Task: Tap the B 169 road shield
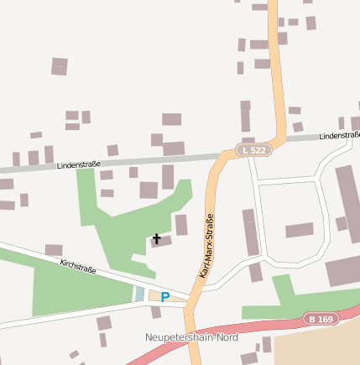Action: click(319, 319)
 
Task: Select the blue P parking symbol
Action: click(164, 296)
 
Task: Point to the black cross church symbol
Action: click(156, 239)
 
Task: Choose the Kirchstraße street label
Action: click(78, 268)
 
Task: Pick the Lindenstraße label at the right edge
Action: click(339, 134)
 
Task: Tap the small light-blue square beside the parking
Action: click(139, 295)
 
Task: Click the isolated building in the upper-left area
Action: click(59, 66)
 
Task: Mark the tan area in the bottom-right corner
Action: click(319, 348)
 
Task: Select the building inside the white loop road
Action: click(299, 230)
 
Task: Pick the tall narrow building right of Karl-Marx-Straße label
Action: click(250, 232)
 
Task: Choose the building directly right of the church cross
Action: click(181, 225)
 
